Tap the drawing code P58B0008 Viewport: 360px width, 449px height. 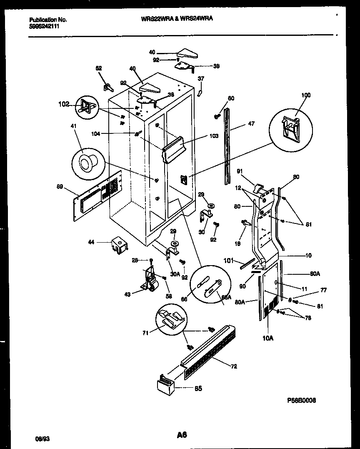coord(301,400)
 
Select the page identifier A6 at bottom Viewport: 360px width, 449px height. coord(182,435)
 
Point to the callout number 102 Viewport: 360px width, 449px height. coord(64,104)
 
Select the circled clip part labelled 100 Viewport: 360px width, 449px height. coord(290,126)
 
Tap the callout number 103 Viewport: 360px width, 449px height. coord(214,136)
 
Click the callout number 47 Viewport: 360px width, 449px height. coord(251,124)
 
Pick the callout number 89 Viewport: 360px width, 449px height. coord(60,187)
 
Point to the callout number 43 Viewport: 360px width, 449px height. coord(127,294)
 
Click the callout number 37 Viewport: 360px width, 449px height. coord(201,78)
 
